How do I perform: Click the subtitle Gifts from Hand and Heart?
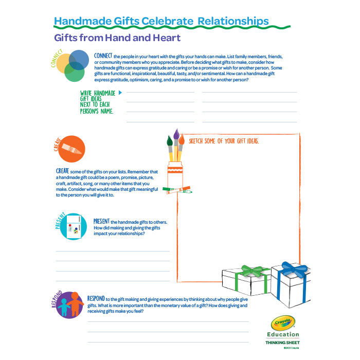pyautogui.click(x=117, y=38)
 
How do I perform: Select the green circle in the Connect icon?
pyautogui.click(x=75, y=73)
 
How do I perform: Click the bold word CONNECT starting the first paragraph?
pyautogui.click(x=103, y=56)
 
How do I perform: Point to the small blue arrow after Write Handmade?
pyautogui.click(x=120, y=93)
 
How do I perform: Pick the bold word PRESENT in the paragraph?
pyautogui.click(x=101, y=221)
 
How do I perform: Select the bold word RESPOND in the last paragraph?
pyautogui.click(x=97, y=298)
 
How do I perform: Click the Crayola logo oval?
pyautogui.click(x=282, y=323)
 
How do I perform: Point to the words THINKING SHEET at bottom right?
pyautogui.click(x=282, y=343)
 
